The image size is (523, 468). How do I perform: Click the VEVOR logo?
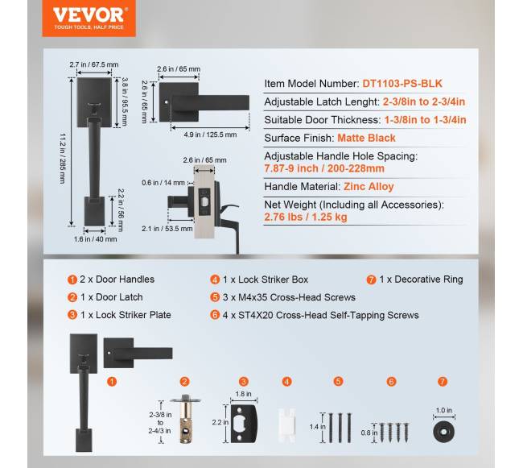click(x=89, y=18)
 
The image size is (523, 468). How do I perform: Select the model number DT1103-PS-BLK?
click(x=402, y=84)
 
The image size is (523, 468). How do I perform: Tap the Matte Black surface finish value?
click(x=366, y=138)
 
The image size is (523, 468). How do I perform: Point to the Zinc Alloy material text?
click(x=369, y=186)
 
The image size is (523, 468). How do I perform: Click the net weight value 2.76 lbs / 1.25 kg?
click(x=306, y=217)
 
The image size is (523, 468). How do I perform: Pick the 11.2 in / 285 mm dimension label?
click(x=63, y=159)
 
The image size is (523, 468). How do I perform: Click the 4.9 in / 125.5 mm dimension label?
click(x=210, y=135)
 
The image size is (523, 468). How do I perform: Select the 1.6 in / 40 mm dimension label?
click(x=96, y=239)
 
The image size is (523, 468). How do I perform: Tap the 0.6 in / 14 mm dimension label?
click(x=163, y=183)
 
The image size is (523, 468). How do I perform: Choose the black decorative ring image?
click(x=443, y=431)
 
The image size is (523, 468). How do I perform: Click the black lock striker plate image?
click(x=244, y=424)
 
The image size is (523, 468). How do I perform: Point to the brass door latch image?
click(x=186, y=420)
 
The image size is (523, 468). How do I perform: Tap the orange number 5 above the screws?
click(x=338, y=381)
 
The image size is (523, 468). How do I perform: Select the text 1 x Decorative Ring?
click(x=421, y=280)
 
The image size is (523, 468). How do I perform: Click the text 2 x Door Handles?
click(x=117, y=280)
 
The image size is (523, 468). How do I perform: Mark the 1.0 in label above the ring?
click(x=444, y=410)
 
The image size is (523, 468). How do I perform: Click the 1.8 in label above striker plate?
click(x=243, y=394)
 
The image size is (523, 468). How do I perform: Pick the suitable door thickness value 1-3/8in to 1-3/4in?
click(x=426, y=120)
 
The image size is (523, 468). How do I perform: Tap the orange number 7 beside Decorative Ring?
click(x=371, y=280)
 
